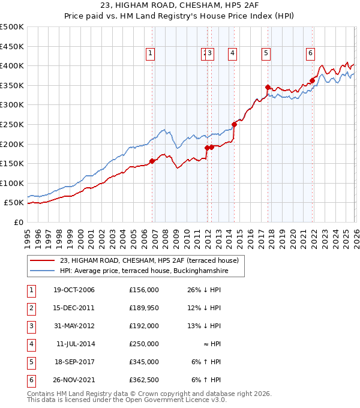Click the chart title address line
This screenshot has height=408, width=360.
coord(179,5)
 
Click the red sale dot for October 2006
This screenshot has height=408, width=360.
coord(152,161)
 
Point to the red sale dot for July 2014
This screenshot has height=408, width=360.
coord(235,124)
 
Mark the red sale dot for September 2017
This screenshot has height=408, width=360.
coord(268,87)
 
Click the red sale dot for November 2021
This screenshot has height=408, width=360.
coord(313,80)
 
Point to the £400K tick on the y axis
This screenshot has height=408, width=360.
coord(12,65)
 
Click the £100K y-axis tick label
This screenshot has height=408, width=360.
coord(12,183)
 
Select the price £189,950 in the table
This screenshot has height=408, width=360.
coord(143,308)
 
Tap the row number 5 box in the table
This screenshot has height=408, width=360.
coord(30,362)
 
